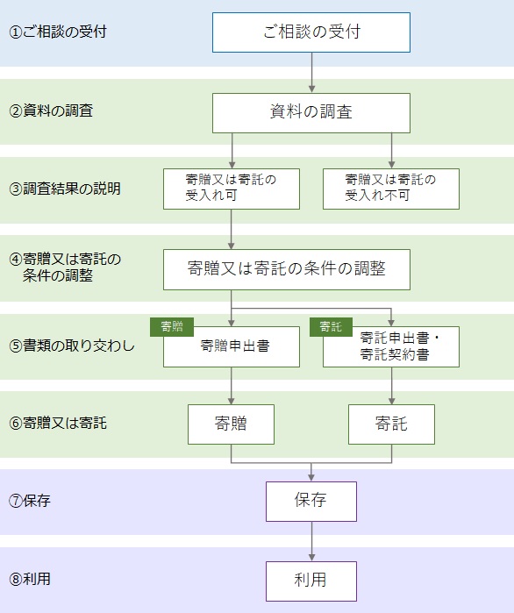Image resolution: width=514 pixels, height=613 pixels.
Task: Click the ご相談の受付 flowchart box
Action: click(x=311, y=32)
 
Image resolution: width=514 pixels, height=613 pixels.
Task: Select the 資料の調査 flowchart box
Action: click(x=311, y=113)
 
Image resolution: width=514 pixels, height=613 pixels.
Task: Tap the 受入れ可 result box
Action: click(x=232, y=189)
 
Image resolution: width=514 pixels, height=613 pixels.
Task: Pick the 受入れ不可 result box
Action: click(x=391, y=189)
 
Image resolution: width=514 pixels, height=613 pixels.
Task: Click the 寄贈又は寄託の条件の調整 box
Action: click(x=287, y=269)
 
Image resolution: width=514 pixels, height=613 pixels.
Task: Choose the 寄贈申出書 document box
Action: click(x=232, y=346)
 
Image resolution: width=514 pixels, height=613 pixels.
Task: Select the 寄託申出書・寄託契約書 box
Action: click(x=391, y=346)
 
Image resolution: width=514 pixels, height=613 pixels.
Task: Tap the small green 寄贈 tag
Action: click(x=172, y=327)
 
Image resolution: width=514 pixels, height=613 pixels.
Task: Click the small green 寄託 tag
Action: click(x=331, y=327)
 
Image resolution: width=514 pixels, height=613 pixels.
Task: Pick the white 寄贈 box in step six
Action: click(x=231, y=424)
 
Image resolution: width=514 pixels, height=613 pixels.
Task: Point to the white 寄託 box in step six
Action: click(x=391, y=424)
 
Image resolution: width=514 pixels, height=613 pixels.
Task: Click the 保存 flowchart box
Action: click(x=311, y=502)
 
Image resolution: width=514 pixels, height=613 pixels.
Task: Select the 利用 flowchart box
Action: click(x=311, y=581)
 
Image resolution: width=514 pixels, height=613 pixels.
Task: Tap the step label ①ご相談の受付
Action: click(x=58, y=32)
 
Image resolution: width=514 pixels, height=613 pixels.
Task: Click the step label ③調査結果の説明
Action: click(x=65, y=189)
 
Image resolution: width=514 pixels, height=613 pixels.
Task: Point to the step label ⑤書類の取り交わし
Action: click(x=72, y=346)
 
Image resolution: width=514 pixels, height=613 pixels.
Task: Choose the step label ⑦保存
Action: click(x=30, y=501)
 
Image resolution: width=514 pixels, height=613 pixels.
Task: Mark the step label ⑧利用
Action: click(x=30, y=579)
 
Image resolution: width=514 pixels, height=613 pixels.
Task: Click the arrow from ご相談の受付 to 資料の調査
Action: click(x=311, y=73)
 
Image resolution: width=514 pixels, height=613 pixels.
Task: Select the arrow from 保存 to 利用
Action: click(x=311, y=541)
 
